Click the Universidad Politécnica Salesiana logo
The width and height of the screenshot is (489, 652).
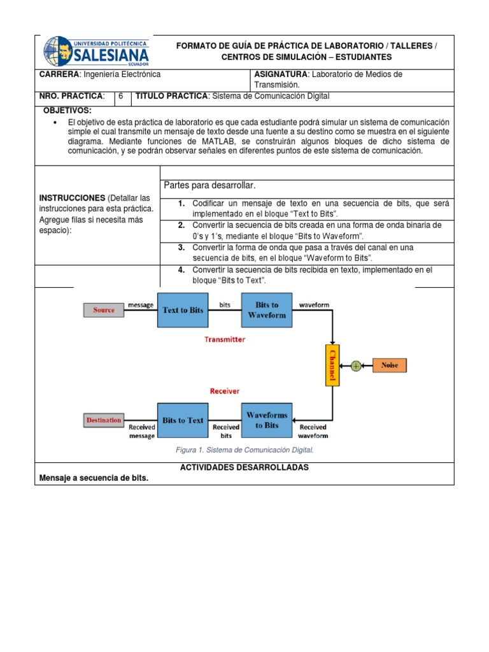coord(96,52)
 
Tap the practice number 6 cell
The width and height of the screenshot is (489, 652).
coord(120,96)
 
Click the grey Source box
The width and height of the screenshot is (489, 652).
coord(104,310)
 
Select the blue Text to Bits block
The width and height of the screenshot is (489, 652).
coord(183,310)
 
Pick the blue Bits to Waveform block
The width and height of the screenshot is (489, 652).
coord(267,310)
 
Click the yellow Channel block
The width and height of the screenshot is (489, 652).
coord(332,365)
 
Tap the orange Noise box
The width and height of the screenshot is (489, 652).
coord(389,365)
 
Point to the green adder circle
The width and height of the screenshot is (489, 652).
coord(356,365)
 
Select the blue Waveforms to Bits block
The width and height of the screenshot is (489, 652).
coord(267,420)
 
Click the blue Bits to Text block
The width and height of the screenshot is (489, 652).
coord(183,420)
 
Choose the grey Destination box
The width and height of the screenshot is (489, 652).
coord(103,420)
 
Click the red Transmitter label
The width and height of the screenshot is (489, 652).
coord(224,339)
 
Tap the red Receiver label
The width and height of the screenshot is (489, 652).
coord(225,390)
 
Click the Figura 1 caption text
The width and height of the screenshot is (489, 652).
coord(244,450)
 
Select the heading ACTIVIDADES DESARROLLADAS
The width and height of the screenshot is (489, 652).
coord(244,467)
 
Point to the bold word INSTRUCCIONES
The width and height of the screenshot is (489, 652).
coord(72,198)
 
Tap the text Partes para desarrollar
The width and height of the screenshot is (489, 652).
coord(209,185)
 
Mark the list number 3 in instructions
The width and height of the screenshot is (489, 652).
coord(181,247)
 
